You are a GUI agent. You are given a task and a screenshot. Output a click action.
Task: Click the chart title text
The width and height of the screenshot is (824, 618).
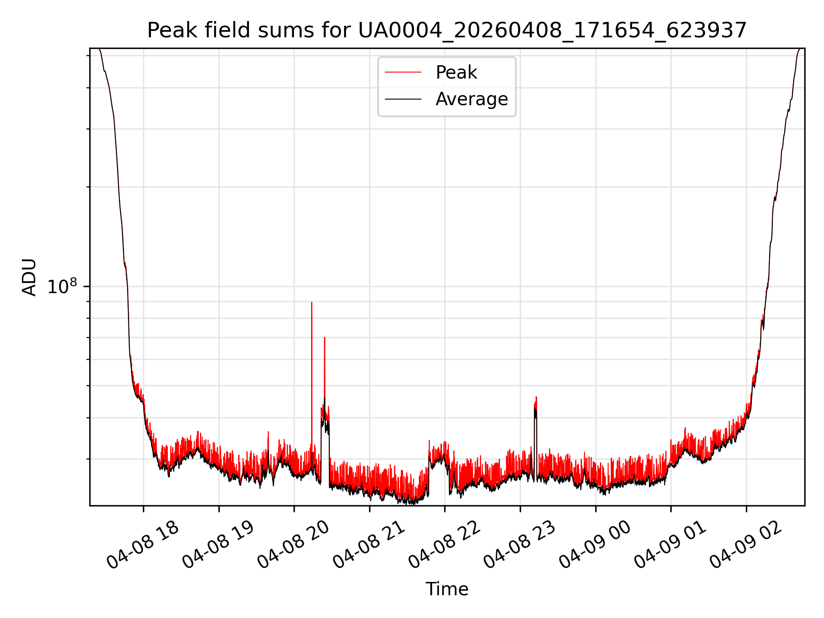click(447, 30)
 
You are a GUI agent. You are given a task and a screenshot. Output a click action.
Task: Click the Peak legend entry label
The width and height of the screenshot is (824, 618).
click(456, 73)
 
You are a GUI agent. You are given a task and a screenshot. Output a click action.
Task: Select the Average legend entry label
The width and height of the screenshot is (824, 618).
click(472, 99)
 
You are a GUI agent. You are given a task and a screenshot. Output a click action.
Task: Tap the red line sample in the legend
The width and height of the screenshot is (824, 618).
click(403, 73)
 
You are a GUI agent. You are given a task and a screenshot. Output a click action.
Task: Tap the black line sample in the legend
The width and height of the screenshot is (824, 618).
click(403, 99)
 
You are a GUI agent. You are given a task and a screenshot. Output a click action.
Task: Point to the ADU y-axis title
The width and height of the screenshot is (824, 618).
click(29, 277)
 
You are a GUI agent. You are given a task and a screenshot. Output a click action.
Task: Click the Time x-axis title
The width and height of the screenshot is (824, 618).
click(447, 589)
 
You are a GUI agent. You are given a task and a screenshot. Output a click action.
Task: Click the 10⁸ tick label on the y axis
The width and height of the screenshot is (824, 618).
click(62, 286)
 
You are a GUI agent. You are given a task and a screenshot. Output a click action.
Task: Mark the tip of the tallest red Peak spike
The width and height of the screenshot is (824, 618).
click(312, 303)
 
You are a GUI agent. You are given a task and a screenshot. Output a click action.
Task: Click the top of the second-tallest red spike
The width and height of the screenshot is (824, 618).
click(324, 338)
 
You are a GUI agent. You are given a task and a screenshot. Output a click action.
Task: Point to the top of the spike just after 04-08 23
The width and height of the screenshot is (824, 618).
click(536, 397)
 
